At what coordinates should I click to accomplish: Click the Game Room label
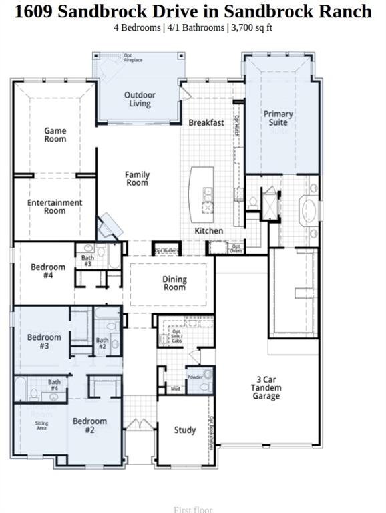coord(55,135)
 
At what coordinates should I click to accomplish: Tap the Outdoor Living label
coord(140,100)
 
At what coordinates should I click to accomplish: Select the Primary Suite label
coord(278,118)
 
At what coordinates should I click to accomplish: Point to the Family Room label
coord(138,178)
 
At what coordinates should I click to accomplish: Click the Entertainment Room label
coord(55,206)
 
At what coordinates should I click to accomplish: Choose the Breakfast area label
coord(206,123)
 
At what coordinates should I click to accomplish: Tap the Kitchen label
coord(208,231)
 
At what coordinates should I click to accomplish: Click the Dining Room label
coord(174,283)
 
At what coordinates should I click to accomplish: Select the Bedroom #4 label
coord(48,271)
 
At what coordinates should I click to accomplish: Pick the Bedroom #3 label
coord(44,341)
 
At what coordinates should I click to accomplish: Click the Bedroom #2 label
coord(89,425)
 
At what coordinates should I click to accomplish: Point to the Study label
coord(185,430)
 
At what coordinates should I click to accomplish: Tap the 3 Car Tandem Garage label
coord(266,387)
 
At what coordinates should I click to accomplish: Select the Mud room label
coord(176,389)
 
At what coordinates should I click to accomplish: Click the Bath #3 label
coord(87,261)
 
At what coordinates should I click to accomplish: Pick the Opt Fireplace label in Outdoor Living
coord(133,58)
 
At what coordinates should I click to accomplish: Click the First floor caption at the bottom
coord(193,510)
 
